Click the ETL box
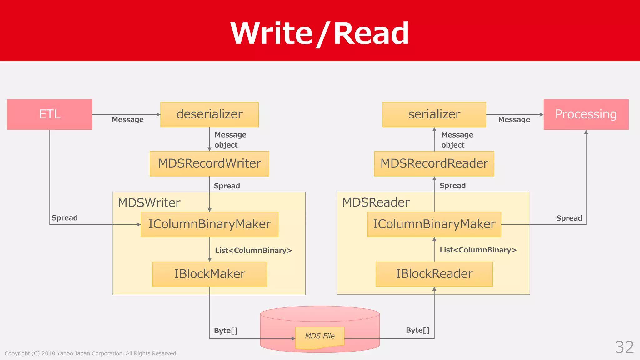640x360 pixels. (x=50, y=114)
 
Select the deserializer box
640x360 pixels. (x=209, y=114)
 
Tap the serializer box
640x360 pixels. (x=434, y=114)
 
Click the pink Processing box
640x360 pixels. (x=586, y=114)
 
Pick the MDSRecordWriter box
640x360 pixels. (x=209, y=164)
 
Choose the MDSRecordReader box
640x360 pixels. (x=434, y=164)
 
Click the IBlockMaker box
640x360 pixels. (x=209, y=274)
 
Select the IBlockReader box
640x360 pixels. (x=434, y=274)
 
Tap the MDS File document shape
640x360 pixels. (x=320, y=337)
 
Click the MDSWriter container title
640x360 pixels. (x=149, y=203)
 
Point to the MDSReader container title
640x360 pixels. (x=376, y=202)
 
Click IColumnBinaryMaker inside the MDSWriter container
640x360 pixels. (x=209, y=224)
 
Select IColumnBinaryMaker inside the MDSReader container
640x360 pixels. (x=434, y=224)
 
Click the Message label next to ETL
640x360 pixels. (x=128, y=120)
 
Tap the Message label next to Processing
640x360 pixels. (x=514, y=120)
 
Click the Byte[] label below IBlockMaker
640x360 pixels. (x=226, y=331)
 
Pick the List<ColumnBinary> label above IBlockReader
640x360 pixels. (x=478, y=250)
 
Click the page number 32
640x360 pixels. (x=624, y=347)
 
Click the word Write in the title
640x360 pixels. (x=271, y=33)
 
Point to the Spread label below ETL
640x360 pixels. (x=65, y=218)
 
